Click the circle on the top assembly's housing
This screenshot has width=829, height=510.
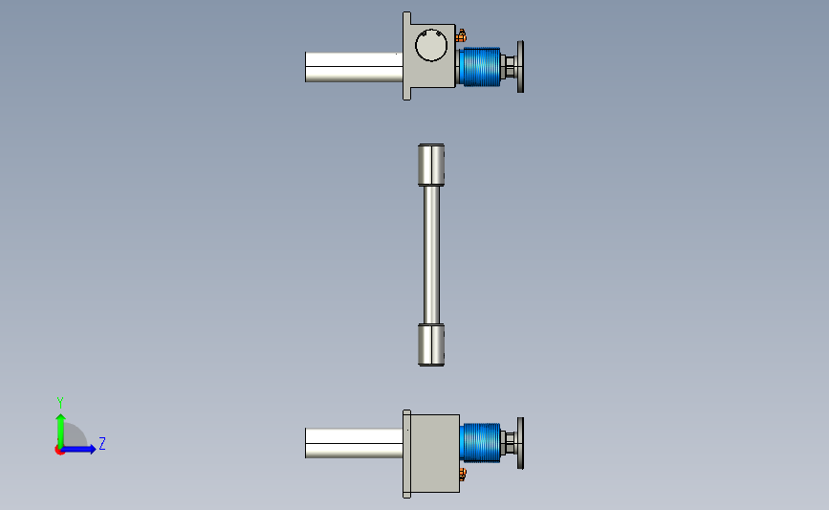tap(416, 45)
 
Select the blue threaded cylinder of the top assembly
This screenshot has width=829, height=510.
tap(480, 67)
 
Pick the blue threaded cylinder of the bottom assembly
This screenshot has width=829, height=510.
tap(480, 443)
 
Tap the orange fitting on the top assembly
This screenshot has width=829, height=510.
tap(461, 36)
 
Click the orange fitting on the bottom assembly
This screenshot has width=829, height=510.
tap(462, 474)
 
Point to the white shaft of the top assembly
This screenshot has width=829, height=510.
tap(354, 67)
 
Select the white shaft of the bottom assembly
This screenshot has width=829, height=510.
tap(354, 443)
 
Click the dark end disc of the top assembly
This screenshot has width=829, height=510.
tap(520, 67)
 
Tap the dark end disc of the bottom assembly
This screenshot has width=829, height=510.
tap(520, 443)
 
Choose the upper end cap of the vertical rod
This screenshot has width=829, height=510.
tap(431, 165)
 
